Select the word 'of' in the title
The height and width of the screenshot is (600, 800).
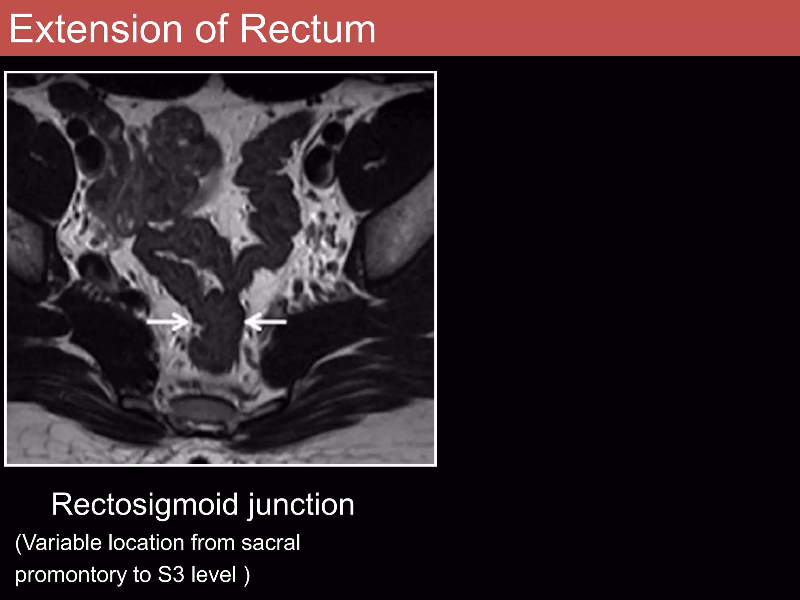(211, 29)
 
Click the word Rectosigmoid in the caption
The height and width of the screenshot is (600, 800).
(145, 505)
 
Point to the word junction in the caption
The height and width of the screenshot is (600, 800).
(301, 505)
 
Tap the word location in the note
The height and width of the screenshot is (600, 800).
(146, 543)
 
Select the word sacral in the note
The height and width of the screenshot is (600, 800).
(270, 543)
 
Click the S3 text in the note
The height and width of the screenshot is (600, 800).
(171, 575)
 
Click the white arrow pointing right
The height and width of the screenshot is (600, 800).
(168, 321)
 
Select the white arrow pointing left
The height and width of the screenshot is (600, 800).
(266, 321)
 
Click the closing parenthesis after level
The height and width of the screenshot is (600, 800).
(247, 575)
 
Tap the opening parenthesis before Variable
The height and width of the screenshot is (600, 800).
(18, 543)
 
